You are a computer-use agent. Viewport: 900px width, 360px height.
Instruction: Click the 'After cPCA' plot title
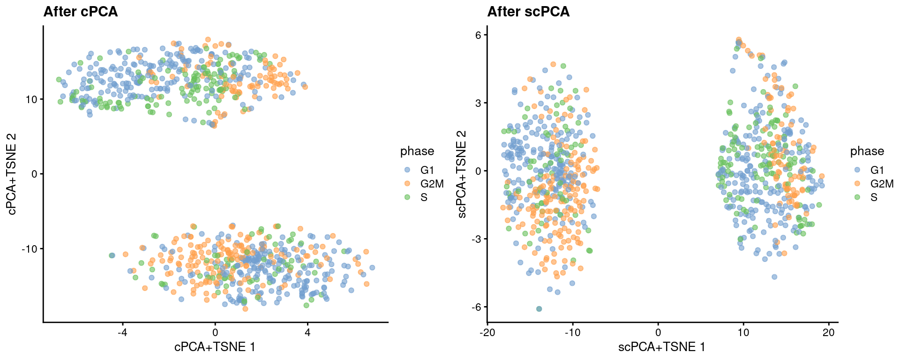pos(80,12)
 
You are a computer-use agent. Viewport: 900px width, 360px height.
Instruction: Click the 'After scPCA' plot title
pos(528,12)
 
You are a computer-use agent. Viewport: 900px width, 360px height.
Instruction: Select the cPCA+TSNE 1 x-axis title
pos(215,347)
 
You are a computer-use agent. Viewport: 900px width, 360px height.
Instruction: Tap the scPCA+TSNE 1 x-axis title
pos(661,347)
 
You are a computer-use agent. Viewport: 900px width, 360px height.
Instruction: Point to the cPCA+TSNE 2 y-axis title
pos(12,174)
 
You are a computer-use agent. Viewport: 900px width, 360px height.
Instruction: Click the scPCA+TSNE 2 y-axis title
pos(462,174)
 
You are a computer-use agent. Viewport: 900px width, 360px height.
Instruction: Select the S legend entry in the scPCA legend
pos(874,197)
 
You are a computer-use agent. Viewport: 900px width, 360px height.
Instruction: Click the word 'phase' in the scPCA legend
pos(867,151)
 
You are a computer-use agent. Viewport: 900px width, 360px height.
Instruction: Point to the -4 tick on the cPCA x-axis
pos(122,332)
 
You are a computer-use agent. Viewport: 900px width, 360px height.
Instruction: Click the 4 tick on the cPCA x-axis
pos(307,332)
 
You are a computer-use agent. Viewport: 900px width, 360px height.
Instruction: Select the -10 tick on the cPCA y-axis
pos(29,249)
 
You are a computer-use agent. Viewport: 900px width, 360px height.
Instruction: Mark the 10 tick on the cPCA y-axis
pos(31,99)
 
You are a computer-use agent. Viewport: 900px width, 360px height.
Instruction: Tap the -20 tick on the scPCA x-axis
pos(487,332)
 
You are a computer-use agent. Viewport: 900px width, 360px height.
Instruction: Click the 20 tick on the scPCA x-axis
pos(829,332)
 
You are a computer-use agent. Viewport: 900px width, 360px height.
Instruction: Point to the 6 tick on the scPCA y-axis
pos(478,35)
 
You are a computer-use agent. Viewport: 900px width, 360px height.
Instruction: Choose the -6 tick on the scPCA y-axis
pos(476,307)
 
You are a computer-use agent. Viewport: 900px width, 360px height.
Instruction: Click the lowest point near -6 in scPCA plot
pos(539,309)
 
